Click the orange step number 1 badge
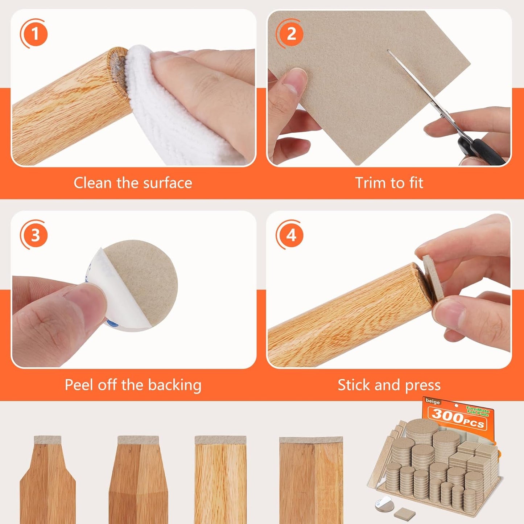coord(34,34)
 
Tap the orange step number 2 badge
coord(291,34)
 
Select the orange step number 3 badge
coord(34,235)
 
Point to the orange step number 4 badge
coord(291,235)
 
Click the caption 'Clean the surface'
coord(133,183)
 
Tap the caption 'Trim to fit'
coord(389,183)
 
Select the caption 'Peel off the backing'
coord(133,385)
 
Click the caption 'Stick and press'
coord(389,385)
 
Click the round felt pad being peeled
coord(145,279)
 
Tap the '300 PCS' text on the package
coord(458,417)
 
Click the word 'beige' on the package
coord(433,402)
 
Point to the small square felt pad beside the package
coord(401,512)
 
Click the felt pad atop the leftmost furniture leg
coord(48,440)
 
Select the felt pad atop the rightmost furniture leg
coord(311,440)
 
